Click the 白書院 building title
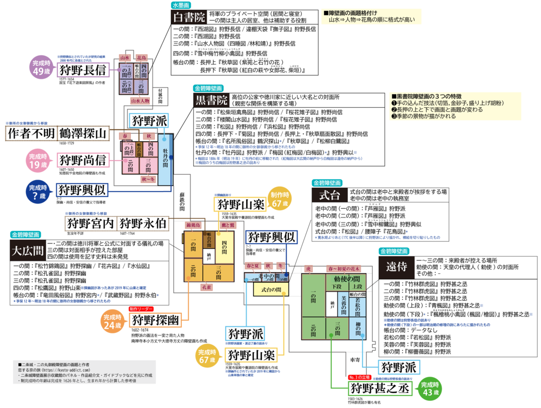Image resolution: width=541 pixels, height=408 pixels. (189, 17)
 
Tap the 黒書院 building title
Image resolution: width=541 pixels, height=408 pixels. (212, 100)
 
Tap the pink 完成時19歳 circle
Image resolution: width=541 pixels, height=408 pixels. (39, 161)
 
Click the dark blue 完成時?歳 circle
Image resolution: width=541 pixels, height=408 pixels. (39, 192)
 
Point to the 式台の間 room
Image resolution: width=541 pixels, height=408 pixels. (271, 290)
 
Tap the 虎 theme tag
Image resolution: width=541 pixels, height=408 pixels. (309, 268)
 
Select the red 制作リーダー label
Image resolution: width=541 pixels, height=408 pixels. (141, 309)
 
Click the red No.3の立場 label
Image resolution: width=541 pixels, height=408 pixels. (359, 378)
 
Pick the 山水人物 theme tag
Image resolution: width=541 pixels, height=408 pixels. (140, 101)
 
